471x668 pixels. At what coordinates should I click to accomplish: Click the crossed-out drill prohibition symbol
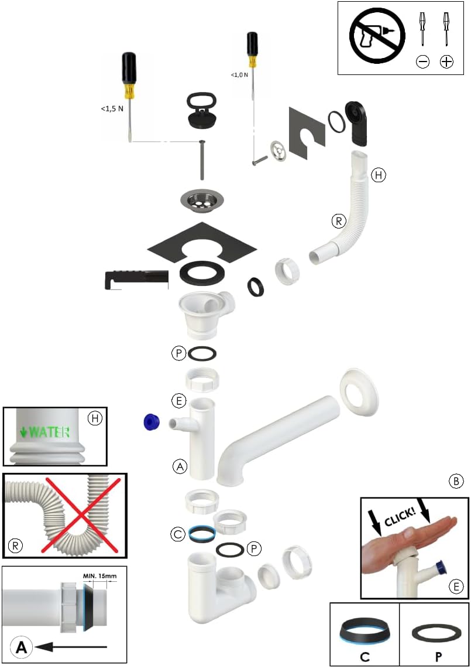[377, 36]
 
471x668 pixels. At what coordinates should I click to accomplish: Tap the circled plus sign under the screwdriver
[446, 62]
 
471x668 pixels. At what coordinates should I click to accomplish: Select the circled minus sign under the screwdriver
[422, 62]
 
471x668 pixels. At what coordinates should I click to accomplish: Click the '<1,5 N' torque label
[112, 108]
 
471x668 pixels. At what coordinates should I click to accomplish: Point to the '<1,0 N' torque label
[239, 75]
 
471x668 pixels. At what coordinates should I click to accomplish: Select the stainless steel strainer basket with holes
[201, 200]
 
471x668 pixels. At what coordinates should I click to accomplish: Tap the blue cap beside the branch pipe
[152, 421]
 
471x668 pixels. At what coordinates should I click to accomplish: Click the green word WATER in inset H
[49, 432]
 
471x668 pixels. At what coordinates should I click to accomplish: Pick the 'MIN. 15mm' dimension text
[99, 576]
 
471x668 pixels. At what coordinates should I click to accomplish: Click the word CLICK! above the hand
[400, 516]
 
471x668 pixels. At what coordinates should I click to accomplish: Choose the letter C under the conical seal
[365, 656]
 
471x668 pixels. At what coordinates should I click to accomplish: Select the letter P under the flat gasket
[438, 656]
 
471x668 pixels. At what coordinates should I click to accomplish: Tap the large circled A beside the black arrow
[21, 647]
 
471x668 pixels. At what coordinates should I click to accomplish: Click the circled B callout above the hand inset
[456, 482]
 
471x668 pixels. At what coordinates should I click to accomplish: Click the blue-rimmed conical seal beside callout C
[202, 533]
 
